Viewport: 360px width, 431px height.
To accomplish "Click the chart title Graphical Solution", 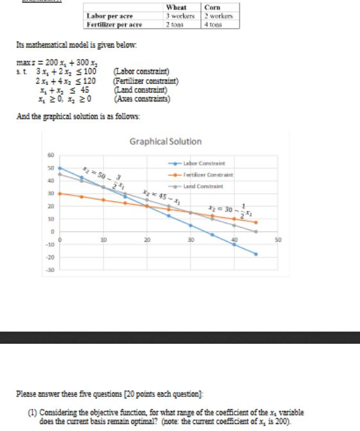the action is (166, 141).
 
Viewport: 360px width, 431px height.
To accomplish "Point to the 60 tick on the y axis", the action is (50, 155).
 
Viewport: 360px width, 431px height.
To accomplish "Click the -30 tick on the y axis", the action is (50, 270).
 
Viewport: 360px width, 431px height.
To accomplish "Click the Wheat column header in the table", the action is (176, 7).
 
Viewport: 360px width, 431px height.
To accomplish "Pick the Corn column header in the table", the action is (212, 7).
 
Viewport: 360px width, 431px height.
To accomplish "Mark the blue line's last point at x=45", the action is (256, 254).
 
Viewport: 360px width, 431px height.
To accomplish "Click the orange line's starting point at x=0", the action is (60, 193).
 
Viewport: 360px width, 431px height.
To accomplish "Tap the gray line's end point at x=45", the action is (256, 232).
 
